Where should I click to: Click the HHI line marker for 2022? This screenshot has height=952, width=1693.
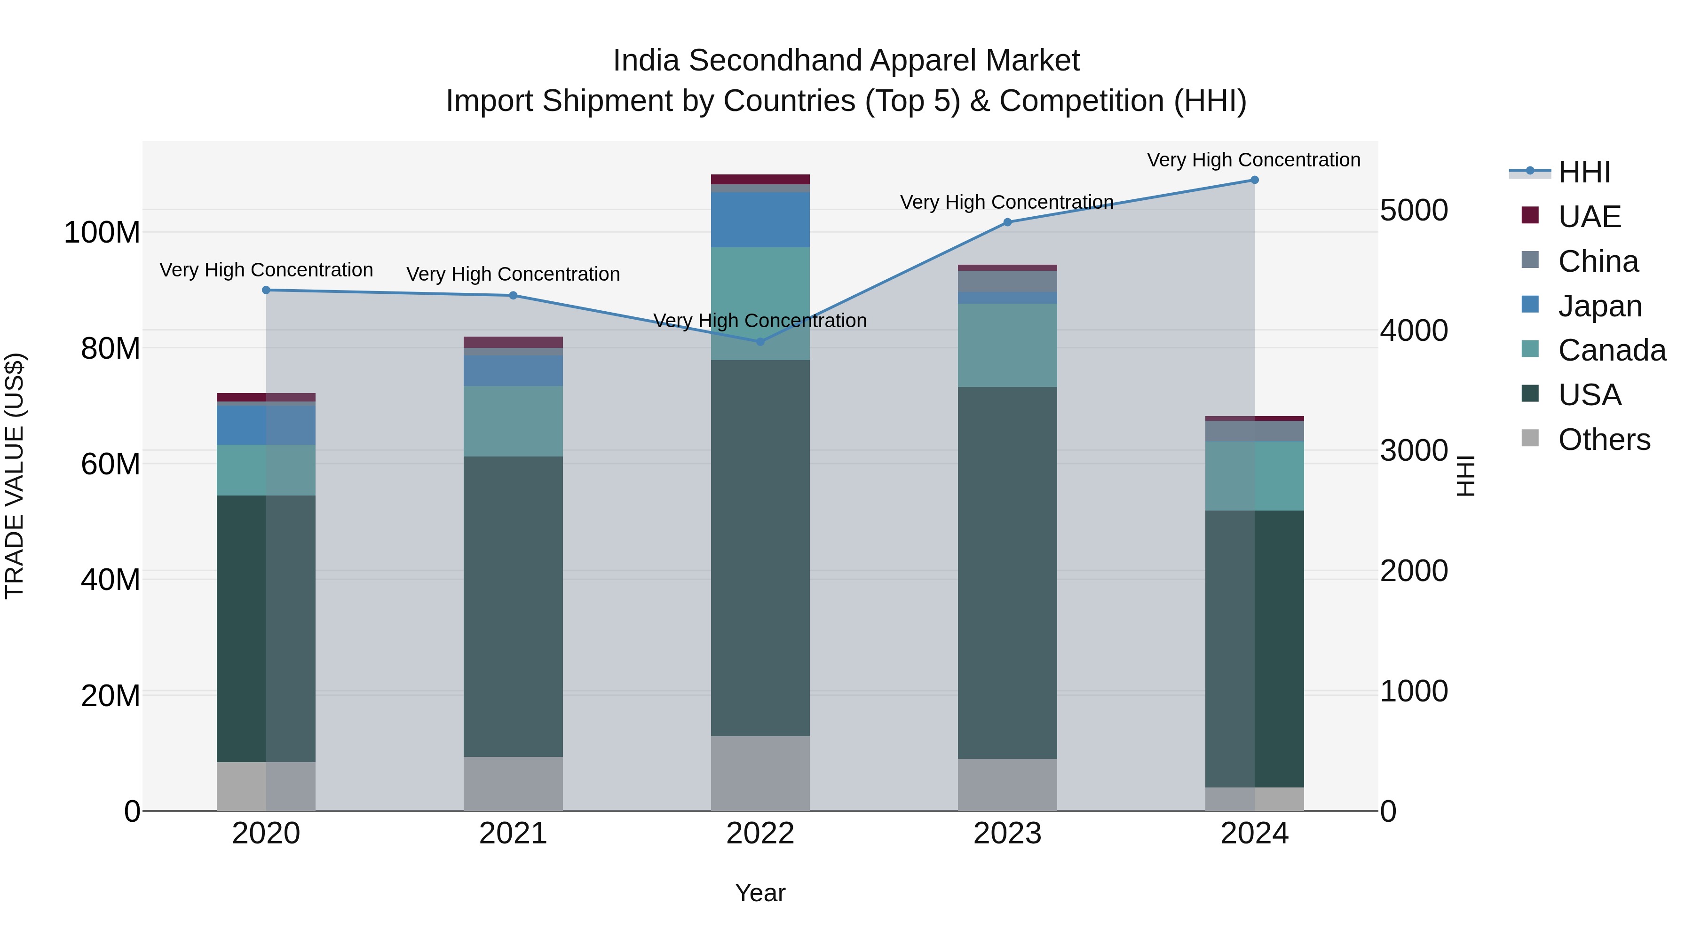pyautogui.click(x=760, y=342)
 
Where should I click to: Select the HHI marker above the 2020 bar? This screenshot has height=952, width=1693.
pyautogui.click(x=266, y=290)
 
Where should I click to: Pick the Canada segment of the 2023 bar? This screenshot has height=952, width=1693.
pyautogui.click(x=1007, y=345)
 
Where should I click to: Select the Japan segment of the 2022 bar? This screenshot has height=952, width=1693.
pyautogui.click(x=760, y=220)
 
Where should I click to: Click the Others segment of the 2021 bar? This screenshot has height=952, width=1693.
pyautogui.click(x=513, y=783)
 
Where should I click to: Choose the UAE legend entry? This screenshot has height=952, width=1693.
pyautogui.click(x=1589, y=217)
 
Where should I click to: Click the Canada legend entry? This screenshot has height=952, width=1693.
pyautogui.click(x=1612, y=350)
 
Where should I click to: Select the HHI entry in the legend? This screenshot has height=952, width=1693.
pyautogui.click(x=1584, y=172)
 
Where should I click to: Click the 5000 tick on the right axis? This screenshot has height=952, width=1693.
pyautogui.click(x=1414, y=210)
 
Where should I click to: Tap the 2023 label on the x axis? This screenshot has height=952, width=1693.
pyautogui.click(x=1007, y=834)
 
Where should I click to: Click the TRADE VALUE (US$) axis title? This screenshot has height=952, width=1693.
pyautogui.click(x=15, y=476)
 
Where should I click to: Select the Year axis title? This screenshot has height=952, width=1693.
pyautogui.click(x=760, y=893)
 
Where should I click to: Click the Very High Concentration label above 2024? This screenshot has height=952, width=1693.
pyautogui.click(x=1253, y=160)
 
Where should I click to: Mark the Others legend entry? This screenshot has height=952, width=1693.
pyautogui.click(x=1604, y=440)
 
